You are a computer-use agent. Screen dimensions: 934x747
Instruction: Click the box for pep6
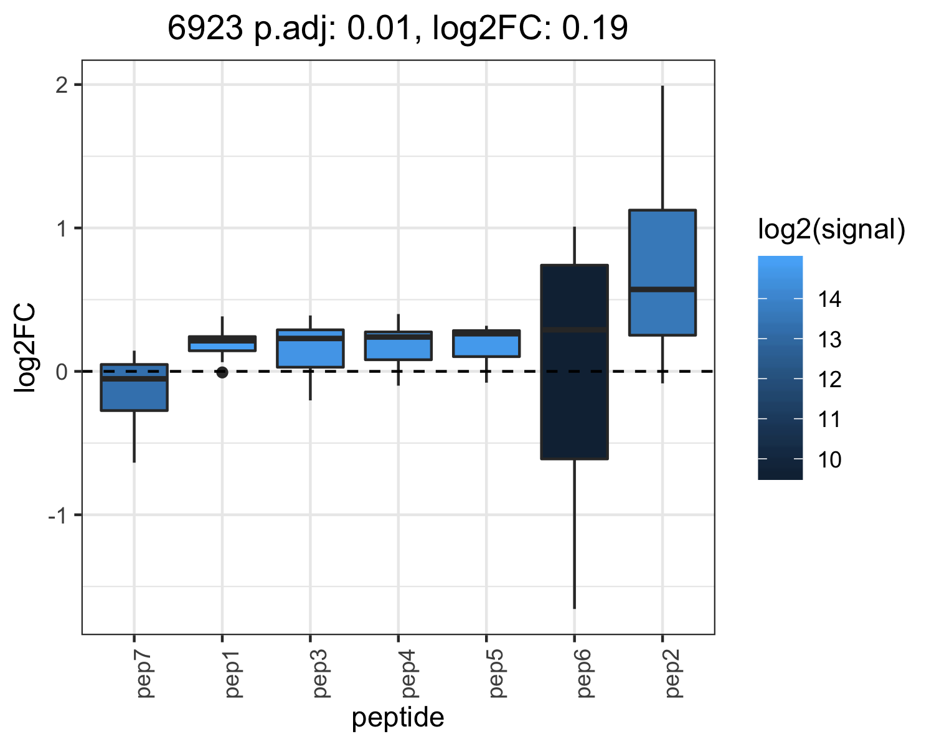[x=574, y=362]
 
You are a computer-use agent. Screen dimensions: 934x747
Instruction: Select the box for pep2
[x=663, y=273]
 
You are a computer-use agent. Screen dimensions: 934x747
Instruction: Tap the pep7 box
[x=134, y=387]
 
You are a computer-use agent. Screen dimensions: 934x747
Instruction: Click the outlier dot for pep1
[x=222, y=372]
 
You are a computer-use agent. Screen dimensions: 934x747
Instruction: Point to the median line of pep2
[x=663, y=289]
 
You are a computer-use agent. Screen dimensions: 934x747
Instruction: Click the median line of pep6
[x=574, y=330]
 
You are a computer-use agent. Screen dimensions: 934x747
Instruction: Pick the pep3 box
[x=310, y=349]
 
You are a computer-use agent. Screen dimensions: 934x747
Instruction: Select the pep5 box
[x=486, y=344]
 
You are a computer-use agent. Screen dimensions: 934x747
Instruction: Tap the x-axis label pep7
[x=144, y=674]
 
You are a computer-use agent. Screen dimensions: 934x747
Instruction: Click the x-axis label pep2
[x=672, y=674]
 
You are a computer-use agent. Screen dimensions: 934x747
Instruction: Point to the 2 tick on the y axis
[x=62, y=85]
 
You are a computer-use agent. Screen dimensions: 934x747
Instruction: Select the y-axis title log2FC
[x=25, y=348]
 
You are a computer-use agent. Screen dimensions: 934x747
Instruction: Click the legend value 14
[x=829, y=299]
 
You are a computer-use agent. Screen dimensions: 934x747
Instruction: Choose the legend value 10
[x=829, y=459]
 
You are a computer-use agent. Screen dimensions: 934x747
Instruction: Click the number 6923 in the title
[x=205, y=28]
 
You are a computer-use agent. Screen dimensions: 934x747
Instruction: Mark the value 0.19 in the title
[x=595, y=28]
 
